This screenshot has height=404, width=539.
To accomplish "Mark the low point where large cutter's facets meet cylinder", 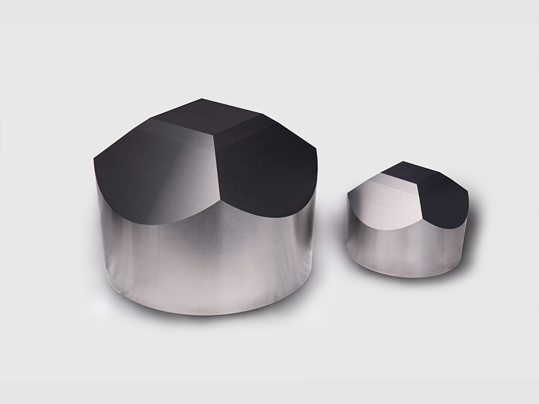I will click(222, 202).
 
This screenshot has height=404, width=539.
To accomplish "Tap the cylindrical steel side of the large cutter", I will click(202, 263).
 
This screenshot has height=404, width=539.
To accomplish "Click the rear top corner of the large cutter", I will click(203, 100).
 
